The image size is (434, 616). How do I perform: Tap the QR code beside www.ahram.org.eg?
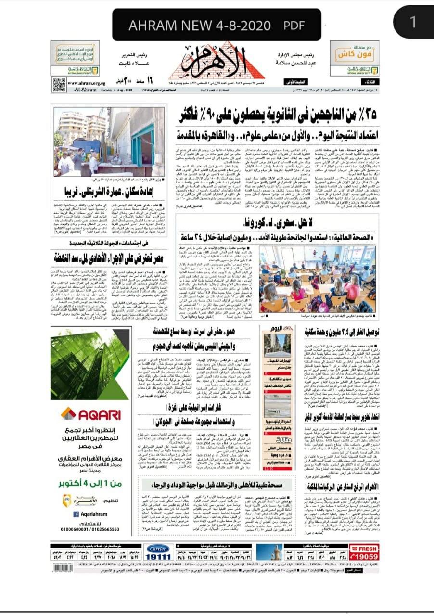pyautogui.click(x=59, y=85)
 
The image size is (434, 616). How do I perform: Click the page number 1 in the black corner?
pyautogui.click(x=413, y=22)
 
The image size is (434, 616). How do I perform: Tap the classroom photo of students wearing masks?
pyautogui.click(x=318, y=279)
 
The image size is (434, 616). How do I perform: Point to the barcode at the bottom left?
pyautogui.click(x=61, y=568)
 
